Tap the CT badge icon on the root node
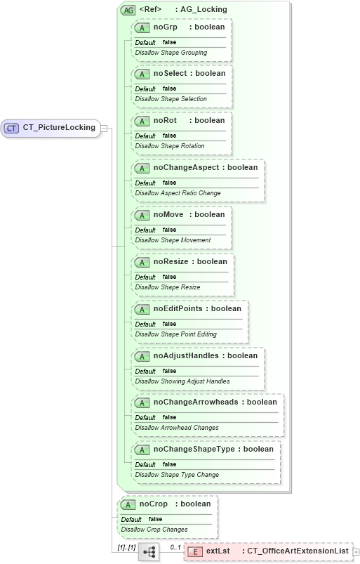[x=11, y=128]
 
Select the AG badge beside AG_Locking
[x=128, y=10]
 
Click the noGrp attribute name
[x=166, y=27]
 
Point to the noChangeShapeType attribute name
[x=194, y=449]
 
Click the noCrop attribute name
[x=153, y=504]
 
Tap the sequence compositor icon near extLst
[x=149, y=552]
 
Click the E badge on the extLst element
[x=195, y=552]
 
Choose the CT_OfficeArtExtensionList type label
[x=298, y=551]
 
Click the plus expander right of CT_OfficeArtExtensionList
[x=356, y=552]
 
